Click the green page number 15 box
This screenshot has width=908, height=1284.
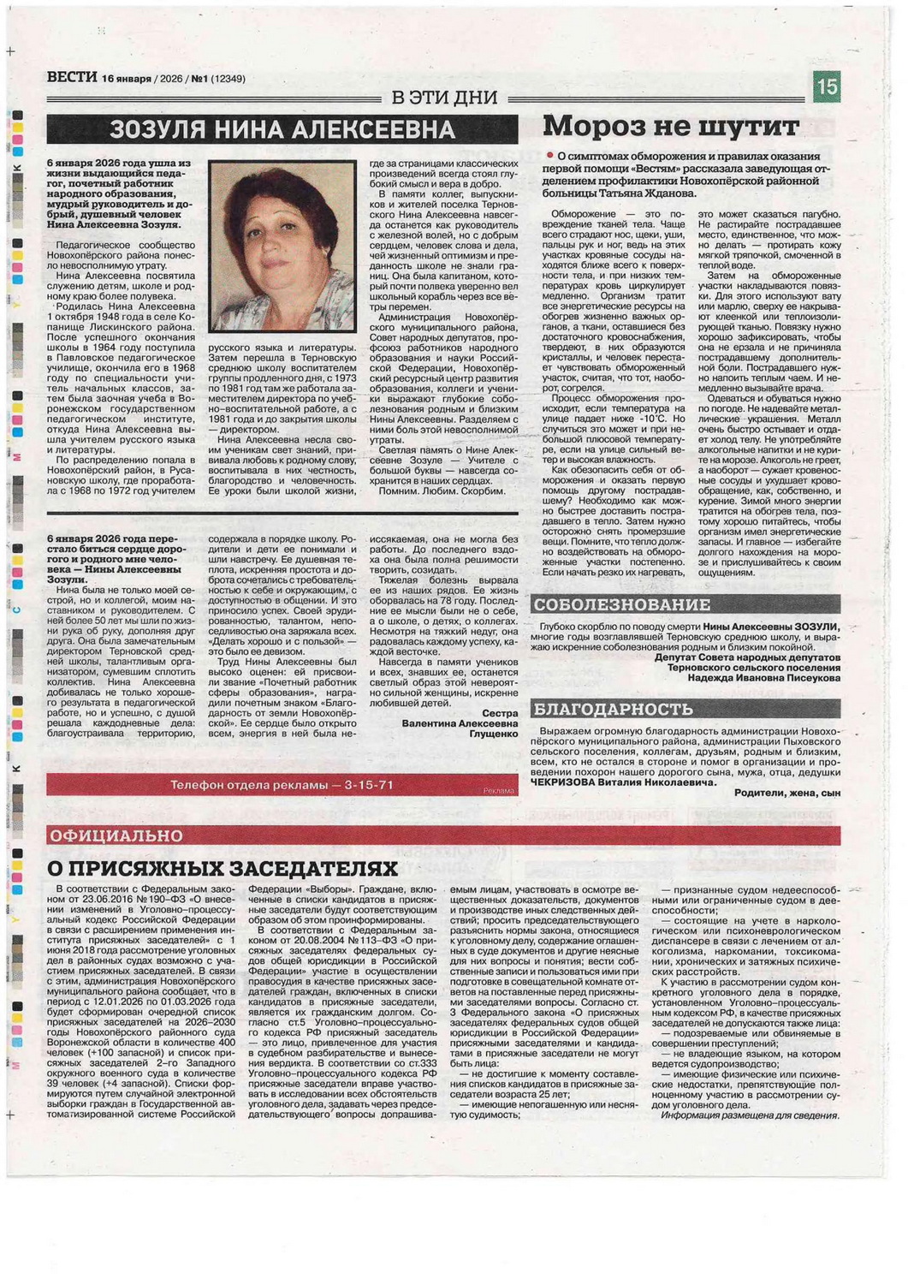click(x=826, y=86)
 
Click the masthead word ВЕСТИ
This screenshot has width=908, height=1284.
click(x=72, y=77)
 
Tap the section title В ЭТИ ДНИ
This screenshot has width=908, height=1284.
click(x=444, y=98)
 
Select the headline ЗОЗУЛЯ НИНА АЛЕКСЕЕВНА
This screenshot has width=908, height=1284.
click(x=282, y=129)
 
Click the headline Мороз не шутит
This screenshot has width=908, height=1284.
click(x=671, y=126)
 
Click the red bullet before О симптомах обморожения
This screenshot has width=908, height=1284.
click(x=550, y=156)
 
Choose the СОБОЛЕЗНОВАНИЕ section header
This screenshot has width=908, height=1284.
click(x=621, y=605)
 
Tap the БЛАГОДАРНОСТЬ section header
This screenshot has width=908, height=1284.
click(x=612, y=709)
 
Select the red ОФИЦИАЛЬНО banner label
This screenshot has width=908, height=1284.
click(x=116, y=835)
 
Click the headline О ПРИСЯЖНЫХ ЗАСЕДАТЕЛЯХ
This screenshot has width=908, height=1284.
click(x=223, y=868)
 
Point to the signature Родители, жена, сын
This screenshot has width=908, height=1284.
click(x=786, y=793)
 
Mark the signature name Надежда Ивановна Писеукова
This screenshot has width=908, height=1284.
click(x=763, y=678)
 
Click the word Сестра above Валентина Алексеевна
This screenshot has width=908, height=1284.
click(x=500, y=713)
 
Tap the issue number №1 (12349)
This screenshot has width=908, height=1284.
click(x=217, y=79)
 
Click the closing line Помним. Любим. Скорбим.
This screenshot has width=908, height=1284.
click(x=442, y=491)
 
